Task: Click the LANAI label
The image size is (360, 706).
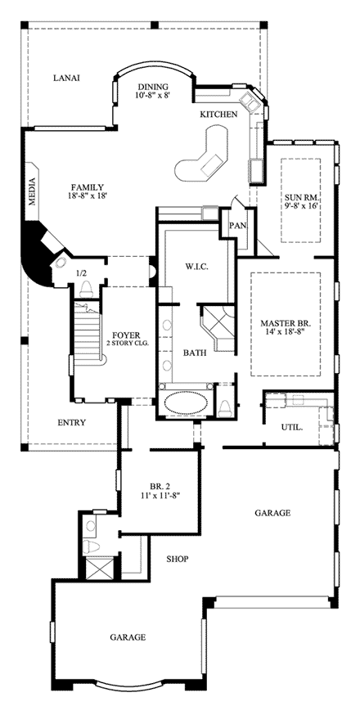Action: tap(66, 78)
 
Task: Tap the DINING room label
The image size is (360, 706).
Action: tap(153, 87)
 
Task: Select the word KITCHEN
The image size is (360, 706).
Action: tap(218, 115)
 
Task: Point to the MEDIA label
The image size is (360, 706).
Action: tap(32, 192)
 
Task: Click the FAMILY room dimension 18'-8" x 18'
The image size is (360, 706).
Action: tap(88, 196)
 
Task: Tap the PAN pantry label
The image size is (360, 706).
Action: tap(237, 225)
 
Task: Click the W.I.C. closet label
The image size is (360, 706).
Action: tap(196, 267)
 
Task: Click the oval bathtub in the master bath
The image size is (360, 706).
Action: tap(185, 403)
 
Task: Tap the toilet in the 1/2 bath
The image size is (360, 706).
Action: tap(87, 289)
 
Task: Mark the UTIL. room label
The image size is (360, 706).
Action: tap(291, 427)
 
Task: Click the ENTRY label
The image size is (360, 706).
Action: tap(72, 422)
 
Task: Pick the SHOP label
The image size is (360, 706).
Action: tap(177, 559)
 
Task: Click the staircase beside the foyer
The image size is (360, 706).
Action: tap(87, 332)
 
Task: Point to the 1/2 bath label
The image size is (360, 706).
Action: tap(81, 273)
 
